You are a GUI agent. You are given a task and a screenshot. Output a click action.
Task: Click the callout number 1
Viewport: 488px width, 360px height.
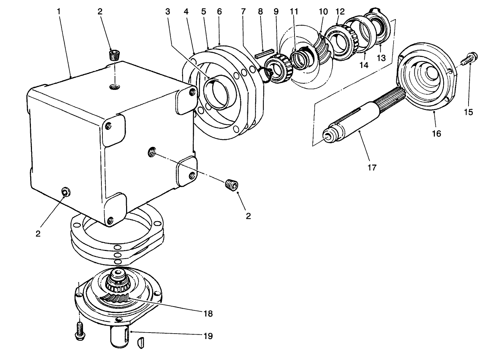(59, 11)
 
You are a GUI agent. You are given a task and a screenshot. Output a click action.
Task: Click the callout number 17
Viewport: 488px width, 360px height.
(372, 168)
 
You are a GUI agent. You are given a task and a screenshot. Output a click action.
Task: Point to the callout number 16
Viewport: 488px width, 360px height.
(436, 133)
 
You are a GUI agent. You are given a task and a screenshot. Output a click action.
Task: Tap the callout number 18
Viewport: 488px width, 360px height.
(208, 313)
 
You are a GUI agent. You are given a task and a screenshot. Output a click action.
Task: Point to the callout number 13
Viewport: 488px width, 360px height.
(381, 58)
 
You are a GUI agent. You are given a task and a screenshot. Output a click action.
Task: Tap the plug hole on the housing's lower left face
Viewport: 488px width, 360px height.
(65, 192)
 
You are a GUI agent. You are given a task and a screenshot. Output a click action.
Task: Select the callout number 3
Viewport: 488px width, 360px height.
(168, 11)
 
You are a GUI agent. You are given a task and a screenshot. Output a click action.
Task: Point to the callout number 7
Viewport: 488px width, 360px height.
(245, 11)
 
